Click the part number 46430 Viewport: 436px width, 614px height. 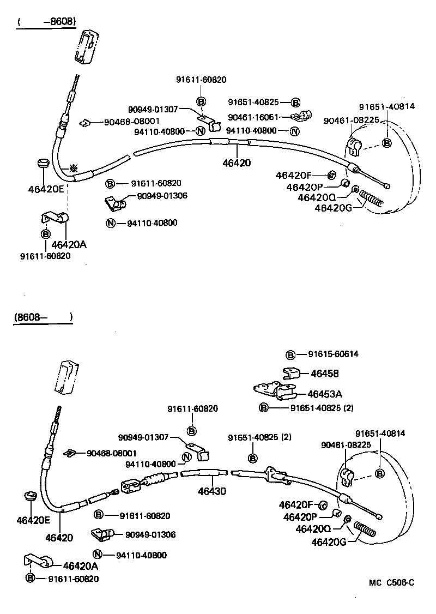click(x=213, y=491)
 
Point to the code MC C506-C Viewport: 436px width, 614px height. click(x=391, y=583)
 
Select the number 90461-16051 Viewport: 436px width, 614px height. click(x=253, y=117)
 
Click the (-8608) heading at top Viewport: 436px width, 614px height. click(x=46, y=22)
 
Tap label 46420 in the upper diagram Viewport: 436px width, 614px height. click(x=237, y=162)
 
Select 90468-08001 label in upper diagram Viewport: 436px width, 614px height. click(x=131, y=122)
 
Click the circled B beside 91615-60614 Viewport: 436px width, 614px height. click(x=290, y=354)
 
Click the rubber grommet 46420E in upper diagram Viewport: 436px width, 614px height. click(x=43, y=164)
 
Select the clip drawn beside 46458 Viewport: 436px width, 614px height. click(x=293, y=373)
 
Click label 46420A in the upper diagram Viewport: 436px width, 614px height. click(x=69, y=245)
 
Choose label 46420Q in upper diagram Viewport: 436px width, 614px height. click(x=317, y=197)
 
